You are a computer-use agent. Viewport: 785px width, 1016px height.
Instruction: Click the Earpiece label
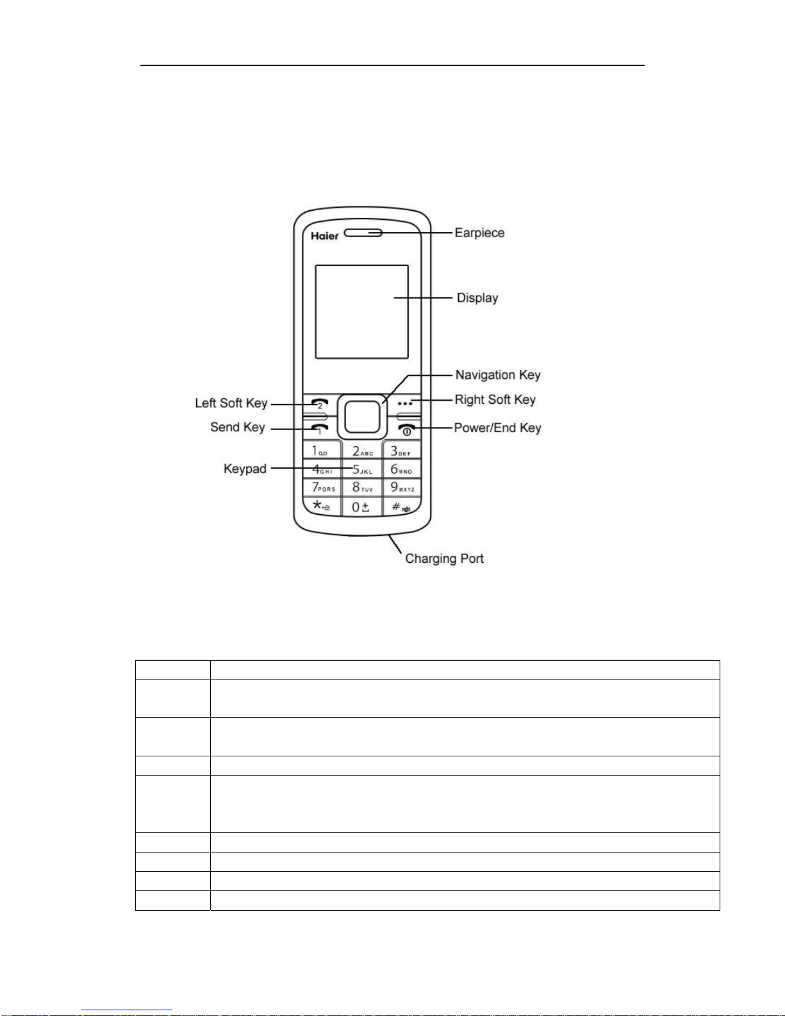click(479, 233)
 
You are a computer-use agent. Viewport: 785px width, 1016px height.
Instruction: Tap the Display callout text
click(477, 298)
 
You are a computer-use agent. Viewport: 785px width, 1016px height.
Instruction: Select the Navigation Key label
click(498, 375)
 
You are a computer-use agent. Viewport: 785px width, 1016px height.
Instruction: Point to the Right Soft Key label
click(495, 400)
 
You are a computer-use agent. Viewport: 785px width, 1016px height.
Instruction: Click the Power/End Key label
click(497, 428)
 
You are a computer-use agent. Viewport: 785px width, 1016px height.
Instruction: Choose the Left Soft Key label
click(231, 403)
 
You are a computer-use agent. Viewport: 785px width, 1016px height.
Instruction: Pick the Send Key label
click(237, 428)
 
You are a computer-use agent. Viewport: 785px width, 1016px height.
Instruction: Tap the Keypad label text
click(245, 469)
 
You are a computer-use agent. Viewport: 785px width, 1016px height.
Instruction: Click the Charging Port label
click(444, 559)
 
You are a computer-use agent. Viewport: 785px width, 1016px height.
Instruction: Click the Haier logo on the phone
click(324, 236)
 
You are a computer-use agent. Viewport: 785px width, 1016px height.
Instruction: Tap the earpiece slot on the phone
click(363, 233)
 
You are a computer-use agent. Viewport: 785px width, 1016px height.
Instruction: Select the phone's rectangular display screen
click(361, 312)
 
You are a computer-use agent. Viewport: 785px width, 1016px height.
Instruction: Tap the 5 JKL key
click(362, 469)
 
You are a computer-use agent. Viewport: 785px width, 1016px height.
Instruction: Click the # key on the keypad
click(402, 507)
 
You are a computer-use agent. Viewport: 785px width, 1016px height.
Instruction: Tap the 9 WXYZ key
click(402, 488)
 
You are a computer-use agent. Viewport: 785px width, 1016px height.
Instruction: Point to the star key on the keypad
click(321, 506)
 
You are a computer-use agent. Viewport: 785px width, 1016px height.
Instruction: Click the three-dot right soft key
click(405, 404)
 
